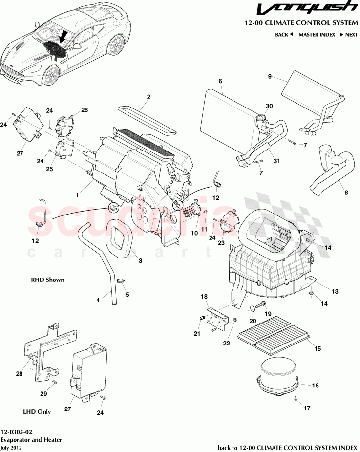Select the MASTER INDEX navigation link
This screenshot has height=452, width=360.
point(317,35)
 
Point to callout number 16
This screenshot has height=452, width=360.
point(315,386)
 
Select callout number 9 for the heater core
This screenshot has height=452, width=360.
point(269,76)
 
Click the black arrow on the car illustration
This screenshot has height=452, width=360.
point(64,37)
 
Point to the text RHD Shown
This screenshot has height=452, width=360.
point(48,280)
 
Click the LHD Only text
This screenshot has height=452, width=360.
point(37,411)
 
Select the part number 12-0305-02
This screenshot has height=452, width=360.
point(17,432)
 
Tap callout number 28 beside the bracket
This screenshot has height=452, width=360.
point(19,374)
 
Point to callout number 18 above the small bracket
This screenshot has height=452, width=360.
point(204,296)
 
